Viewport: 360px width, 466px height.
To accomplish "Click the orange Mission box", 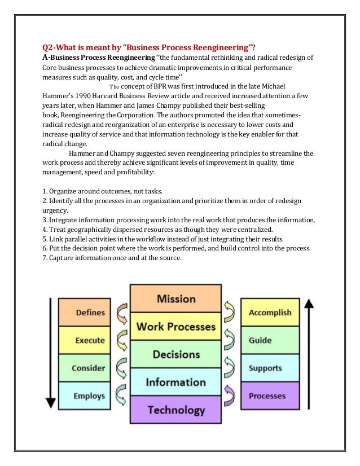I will pyautogui.click(x=175, y=298).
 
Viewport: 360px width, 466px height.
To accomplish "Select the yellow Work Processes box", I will pyautogui.click(x=175, y=327).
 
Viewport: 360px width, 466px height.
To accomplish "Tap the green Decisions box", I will pyautogui.click(x=175, y=354).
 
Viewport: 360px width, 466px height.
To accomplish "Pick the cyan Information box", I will pyautogui.click(x=175, y=382).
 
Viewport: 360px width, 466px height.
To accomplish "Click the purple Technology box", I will pyautogui.click(x=175, y=410).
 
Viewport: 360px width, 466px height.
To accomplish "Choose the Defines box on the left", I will pyautogui.click(x=89, y=313).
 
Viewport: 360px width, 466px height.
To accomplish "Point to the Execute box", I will pyautogui.click(x=89, y=341).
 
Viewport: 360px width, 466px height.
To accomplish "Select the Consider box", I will pyautogui.click(x=89, y=368).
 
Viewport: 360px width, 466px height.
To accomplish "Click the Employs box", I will pyautogui.click(x=89, y=396).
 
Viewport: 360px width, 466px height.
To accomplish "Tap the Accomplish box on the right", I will pyautogui.click(x=270, y=313).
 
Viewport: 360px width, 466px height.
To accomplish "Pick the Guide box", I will pyautogui.click(x=270, y=340).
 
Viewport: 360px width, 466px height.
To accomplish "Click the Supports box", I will pyautogui.click(x=270, y=368).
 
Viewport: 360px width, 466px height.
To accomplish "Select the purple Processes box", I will pyautogui.click(x=270, y=396).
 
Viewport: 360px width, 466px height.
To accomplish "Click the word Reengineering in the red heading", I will pyautogui.click(x=214, y=47).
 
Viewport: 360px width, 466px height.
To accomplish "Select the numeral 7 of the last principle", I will pyautogui.click(x=45, y=258).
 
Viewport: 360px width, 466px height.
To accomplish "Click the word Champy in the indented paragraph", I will pyautogui.click(x=115, y=153).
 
